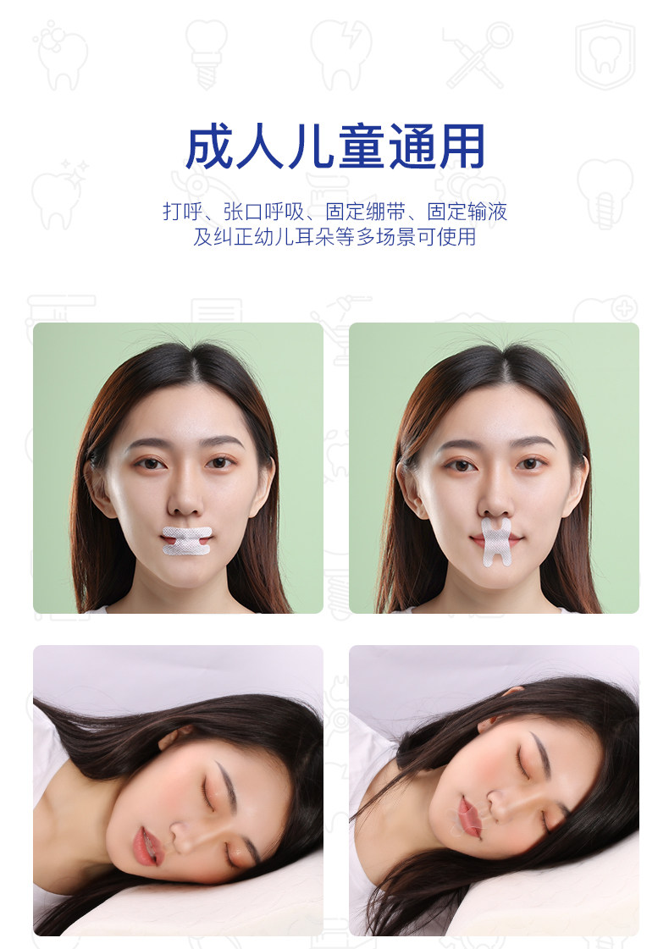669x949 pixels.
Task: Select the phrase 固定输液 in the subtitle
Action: point(467,212)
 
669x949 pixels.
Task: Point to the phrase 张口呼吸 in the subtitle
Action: point(263,212)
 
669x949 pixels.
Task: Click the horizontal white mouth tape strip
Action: point(187,540)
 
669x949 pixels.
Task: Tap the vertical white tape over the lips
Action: point(496,541)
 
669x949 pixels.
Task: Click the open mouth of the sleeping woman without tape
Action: point(146,847)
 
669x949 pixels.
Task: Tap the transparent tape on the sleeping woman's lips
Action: point(468,815)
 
